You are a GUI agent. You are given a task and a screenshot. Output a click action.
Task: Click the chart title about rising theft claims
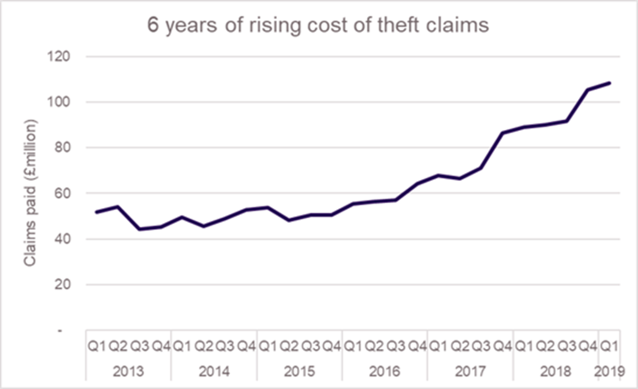[318, 25]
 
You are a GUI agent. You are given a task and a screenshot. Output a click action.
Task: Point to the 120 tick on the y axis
[58, 56]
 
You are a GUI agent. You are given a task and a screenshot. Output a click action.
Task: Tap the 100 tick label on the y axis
[58, 102]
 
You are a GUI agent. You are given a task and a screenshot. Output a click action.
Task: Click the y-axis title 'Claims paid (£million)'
[30, 193]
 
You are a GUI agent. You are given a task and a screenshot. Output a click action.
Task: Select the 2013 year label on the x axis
[128, 371]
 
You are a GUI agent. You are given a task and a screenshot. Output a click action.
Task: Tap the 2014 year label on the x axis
[213, 371]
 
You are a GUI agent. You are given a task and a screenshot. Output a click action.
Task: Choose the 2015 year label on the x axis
[299, 371]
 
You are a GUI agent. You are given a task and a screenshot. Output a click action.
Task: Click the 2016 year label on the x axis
[385, 371]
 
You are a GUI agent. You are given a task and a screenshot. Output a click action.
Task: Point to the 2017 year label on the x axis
[470, 371]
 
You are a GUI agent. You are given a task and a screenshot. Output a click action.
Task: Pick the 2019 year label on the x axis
[609, 371]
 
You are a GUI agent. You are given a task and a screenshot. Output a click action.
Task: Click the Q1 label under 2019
[609, 346]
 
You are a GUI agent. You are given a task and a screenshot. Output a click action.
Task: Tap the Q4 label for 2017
[503, 346]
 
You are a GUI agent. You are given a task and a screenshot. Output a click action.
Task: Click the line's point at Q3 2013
[139, 229]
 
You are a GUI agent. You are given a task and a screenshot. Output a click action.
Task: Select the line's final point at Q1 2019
[610, 83]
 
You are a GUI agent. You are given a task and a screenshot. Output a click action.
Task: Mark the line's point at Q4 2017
[503, 133]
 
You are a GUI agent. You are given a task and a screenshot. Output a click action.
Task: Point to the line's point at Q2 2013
[118, 207]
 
